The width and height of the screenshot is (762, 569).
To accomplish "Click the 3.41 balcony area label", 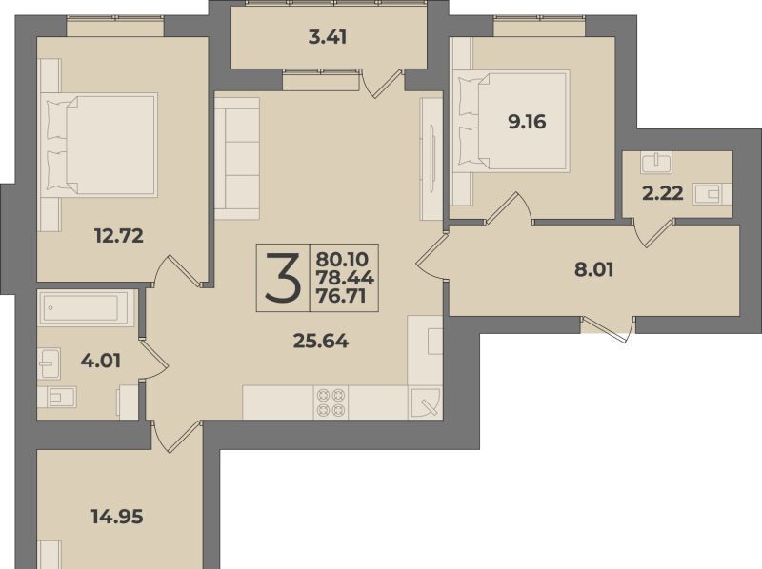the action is tap(328, 37).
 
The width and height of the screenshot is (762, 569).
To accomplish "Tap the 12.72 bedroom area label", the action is tap(119, 236).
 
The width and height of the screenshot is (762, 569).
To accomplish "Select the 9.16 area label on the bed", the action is tap(528, 122).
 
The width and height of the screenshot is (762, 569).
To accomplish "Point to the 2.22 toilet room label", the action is tap(663, 194).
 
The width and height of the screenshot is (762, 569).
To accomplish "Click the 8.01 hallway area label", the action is tap(593, 269).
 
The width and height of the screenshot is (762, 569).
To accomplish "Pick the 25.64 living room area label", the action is tap(321, 342).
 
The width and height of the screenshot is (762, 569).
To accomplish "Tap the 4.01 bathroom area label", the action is tap(101, 361).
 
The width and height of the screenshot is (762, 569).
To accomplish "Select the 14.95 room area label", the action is tap(117, 517).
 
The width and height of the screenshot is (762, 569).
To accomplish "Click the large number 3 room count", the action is tap(282, 277).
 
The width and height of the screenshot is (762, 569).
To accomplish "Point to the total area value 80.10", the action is tap(343, 259).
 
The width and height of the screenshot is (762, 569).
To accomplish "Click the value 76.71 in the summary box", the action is tap(341, 296).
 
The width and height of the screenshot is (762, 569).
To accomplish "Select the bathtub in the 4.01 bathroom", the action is tap(83, 307).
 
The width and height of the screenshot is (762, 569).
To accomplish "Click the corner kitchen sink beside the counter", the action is tap(425, 402).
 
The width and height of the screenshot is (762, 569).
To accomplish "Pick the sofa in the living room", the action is tap(236, 158).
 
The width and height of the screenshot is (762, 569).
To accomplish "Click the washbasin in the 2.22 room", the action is tap(656, 163).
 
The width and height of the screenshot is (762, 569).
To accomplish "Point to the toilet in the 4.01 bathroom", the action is tap(57, 397).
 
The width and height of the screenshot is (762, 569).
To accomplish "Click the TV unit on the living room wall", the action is tap(431, 159).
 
